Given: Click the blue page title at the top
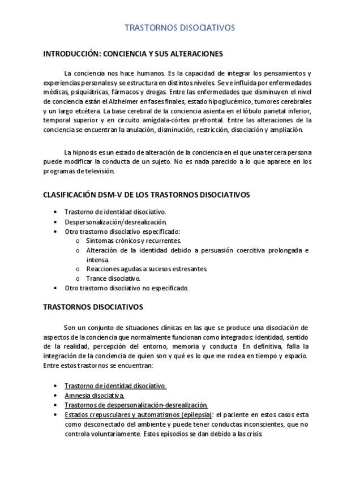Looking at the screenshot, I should click(179, 27).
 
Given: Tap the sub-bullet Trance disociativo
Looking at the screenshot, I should click(113, 278).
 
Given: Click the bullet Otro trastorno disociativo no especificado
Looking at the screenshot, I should click(126, 288).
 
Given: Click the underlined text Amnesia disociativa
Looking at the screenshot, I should click(94, 395).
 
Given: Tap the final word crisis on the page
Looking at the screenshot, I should click(253, 434).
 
